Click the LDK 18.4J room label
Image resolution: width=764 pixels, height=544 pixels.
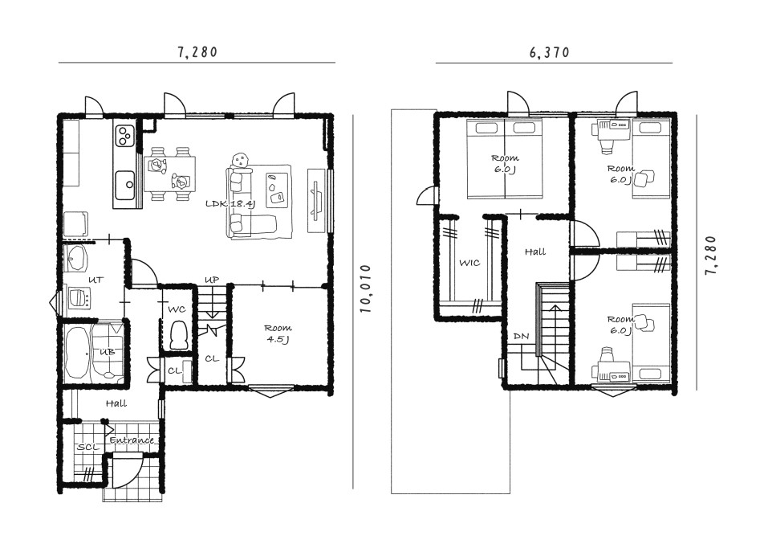230,204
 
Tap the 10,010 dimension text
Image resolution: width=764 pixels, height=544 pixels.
365,288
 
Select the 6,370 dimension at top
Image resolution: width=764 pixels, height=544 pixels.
550,52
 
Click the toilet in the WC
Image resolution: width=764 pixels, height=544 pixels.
179,335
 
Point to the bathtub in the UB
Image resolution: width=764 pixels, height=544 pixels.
78,353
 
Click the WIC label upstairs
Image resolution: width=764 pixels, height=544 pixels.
469,263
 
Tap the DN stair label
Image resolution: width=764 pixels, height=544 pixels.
521,337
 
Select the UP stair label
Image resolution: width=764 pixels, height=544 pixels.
212,280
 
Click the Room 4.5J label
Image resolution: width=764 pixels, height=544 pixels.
278,333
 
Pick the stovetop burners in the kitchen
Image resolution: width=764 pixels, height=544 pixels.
125,136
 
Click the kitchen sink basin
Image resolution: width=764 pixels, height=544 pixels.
125,185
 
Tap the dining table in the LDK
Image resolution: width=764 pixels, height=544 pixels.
169,174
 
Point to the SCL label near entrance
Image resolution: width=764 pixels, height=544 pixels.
88,447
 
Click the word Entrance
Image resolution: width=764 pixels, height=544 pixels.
132,440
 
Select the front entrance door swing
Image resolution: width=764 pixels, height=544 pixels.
127,471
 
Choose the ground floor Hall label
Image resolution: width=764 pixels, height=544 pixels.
116,403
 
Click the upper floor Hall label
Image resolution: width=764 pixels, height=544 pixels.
535,252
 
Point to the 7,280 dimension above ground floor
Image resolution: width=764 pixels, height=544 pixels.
197,52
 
